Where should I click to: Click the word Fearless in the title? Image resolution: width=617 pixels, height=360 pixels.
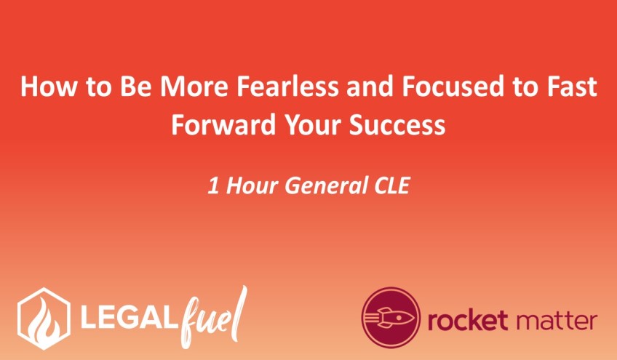[287, 87]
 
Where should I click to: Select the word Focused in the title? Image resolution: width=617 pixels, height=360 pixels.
[453, 87]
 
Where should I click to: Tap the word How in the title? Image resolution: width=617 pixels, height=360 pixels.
[48, 87]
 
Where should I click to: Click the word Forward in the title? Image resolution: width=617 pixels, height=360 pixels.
[223, 125]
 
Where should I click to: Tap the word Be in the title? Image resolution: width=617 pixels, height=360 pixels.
[136, 87]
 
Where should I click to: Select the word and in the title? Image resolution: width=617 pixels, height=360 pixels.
[370, 87]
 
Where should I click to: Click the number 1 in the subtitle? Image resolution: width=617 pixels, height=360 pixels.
[213, 185]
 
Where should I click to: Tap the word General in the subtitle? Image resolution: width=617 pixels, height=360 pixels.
[326, 185]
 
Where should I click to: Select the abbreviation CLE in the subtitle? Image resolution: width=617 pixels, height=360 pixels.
[392, 185]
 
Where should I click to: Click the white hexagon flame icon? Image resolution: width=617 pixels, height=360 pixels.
[44, 318]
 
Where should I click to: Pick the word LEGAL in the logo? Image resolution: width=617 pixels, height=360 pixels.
[127, 319]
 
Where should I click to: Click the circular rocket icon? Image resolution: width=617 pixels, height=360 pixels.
[391, 317]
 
